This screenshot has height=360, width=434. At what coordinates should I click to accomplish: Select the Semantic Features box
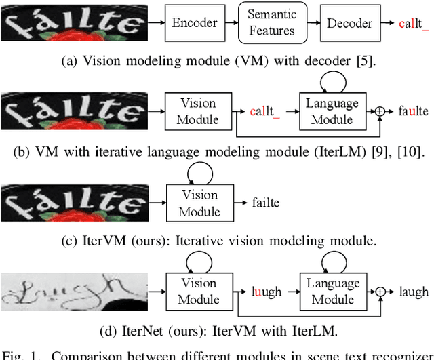pos(271,23)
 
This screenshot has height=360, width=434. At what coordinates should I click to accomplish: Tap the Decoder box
pos(349,23)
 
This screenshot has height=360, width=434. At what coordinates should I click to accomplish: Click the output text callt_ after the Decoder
pos(414,24)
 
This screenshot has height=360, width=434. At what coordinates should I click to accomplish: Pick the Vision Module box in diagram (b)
pos(199,112)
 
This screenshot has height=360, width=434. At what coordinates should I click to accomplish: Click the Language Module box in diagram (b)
pos(332,112)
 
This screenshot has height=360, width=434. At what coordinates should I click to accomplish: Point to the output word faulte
pos(414,111)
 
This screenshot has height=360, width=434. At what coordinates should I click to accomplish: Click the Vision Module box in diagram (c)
pos(199,203)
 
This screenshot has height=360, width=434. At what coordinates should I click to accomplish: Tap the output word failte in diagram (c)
pos(266,203)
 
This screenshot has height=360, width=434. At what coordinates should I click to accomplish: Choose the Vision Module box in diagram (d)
pos(199,292)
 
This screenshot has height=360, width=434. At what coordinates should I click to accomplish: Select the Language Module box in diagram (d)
pos(332,292)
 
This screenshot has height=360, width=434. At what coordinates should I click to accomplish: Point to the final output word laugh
pos(414,292)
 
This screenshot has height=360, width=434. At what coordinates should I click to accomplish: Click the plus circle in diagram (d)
pos(381,292)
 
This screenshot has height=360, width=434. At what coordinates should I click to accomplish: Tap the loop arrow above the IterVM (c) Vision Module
pos(199,174)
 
